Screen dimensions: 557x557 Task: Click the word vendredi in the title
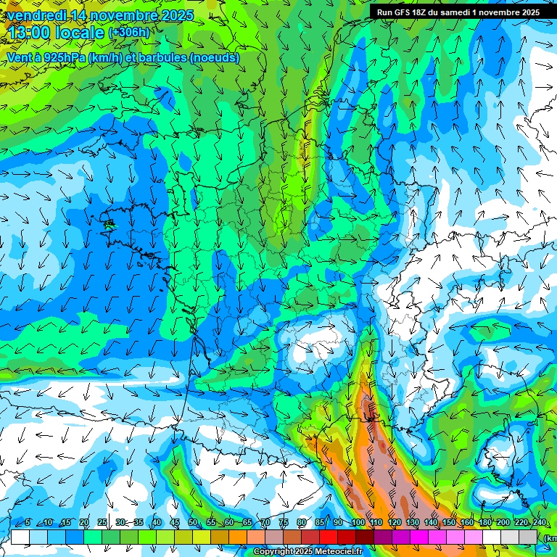click(x=35, y=15)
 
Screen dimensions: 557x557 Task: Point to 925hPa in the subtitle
click(x=64, y=57)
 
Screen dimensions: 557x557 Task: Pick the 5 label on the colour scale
click(x=28, y=522)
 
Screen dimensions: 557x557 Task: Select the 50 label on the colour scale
click(x=192, y=522)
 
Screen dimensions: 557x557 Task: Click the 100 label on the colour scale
click(x=358, y=522)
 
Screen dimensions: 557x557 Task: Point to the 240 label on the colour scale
click(x=539, y=522)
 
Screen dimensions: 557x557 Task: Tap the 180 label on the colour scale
click(x=484, y=522)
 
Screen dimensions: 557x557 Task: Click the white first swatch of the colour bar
click(x=20, y=537)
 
